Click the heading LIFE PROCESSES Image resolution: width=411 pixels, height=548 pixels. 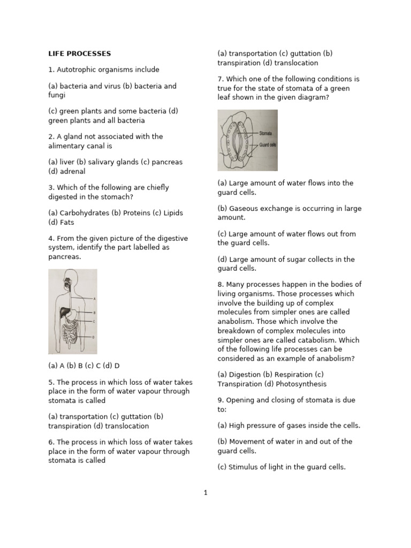pos(80,54)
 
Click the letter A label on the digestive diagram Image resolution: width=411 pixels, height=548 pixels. pos(94,299)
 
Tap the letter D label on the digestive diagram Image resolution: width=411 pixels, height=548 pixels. pos(94,337)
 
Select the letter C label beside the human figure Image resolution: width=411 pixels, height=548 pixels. pos(94,321)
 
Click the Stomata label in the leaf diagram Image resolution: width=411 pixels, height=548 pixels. pos(266,132)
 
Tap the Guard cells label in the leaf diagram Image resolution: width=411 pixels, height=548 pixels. pos(268,145)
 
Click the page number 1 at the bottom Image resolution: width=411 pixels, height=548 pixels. pos(205,493)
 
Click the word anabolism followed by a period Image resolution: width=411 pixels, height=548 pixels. pos(235,321)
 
